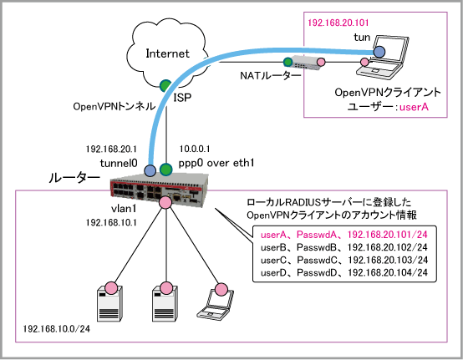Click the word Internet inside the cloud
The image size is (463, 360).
click(x=167, y=53)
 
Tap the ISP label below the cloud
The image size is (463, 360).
click(x=182, y=98)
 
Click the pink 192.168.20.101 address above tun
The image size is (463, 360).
click(x=338, y=23)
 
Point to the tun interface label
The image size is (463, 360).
click(x=362, y=38)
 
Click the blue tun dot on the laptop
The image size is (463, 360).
click(x=379, y=52)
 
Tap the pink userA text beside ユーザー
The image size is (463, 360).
click(x=414, y=107)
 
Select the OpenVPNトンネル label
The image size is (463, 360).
click(x=114, y=106)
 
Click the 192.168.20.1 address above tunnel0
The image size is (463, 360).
click(x=111, y=149)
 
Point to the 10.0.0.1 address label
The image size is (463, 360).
click(x=195, y=149)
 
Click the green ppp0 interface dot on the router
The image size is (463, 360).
click(x=165, y=170)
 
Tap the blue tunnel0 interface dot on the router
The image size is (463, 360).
click(x=150, y=170)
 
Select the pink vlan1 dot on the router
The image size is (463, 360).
click(x=165, y=202)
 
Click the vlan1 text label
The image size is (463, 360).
click(x=124, y=209)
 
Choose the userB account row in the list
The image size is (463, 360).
click(x=344, y=247)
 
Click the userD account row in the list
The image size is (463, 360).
click(x=344, y=272)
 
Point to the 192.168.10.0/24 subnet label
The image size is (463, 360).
click(x=56, y=328)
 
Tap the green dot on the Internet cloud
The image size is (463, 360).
click(x=165, y=85)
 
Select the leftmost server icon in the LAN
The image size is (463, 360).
click(x=109, y=303)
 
